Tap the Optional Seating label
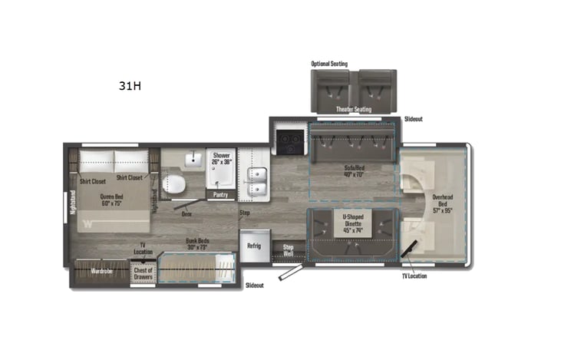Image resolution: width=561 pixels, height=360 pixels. pos(329,64)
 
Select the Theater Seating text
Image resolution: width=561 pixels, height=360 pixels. pos(353,109)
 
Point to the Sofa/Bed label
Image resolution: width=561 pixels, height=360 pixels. pos(353,171)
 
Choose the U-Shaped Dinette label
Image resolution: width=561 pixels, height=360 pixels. pos(353,223)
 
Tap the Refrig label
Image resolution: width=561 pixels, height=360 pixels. pos(253,245)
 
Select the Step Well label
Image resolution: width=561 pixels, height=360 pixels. pos(289,249)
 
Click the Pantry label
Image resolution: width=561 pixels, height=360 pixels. pos(220,196)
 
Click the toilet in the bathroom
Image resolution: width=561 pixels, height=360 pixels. pos(174,185)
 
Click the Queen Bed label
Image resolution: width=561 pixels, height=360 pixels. pos(112,200)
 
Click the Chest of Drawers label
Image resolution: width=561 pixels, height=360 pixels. pos(144,273)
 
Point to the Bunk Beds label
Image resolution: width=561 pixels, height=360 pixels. pos(197,244)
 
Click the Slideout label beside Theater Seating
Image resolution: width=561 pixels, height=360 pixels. pos(414,119)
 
